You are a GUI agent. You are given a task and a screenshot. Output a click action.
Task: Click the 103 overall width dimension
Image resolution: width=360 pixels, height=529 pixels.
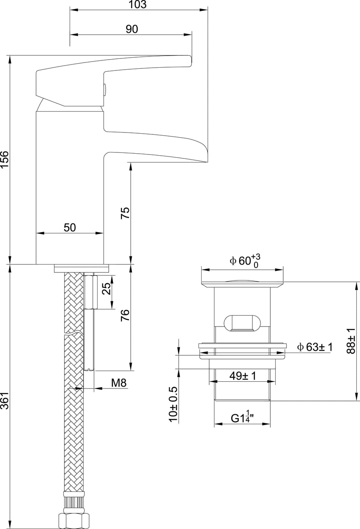pyautogui.click(x=137, y=4)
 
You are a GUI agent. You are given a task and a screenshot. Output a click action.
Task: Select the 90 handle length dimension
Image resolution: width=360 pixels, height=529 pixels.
pyautogui.click(x=132, y=29)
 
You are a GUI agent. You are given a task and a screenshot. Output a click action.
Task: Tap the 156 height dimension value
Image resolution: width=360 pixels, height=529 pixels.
pyautogui.click(x=5, y=159)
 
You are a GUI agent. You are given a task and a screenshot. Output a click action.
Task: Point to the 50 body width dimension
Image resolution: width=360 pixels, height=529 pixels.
pyautogui.click(x=70, y=227)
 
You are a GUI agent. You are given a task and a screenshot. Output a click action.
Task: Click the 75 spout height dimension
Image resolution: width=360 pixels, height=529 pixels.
pyautogui.click(x=125, y=213)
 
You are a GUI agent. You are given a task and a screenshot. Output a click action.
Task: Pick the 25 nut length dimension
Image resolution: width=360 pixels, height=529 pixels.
pyautogui.click(x=106, y=289)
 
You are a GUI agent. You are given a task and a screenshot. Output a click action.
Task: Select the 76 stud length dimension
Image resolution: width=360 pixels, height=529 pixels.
pyautogui.click(x=125, y=315)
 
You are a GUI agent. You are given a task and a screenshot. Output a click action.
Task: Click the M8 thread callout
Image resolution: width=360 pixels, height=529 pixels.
pyautogui.click(x=119, y=383)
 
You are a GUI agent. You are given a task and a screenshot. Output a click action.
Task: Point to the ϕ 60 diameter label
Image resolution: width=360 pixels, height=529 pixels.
pyautogui.click(x=245, y=261)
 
